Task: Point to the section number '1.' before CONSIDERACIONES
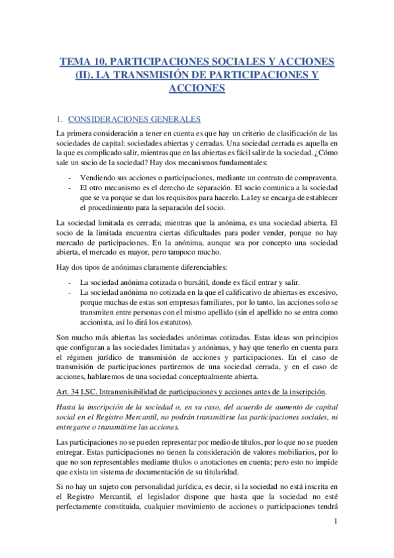pyautogui.click(x=60, y=118)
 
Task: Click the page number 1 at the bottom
pyautogui.click(x=335, y=522)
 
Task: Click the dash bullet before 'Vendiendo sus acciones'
pyautogui.click(x=70, y=178)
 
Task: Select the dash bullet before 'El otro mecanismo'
pyautogui.click(x=70, y=188)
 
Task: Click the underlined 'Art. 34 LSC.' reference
pyautogui.click(x=79, y=393)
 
